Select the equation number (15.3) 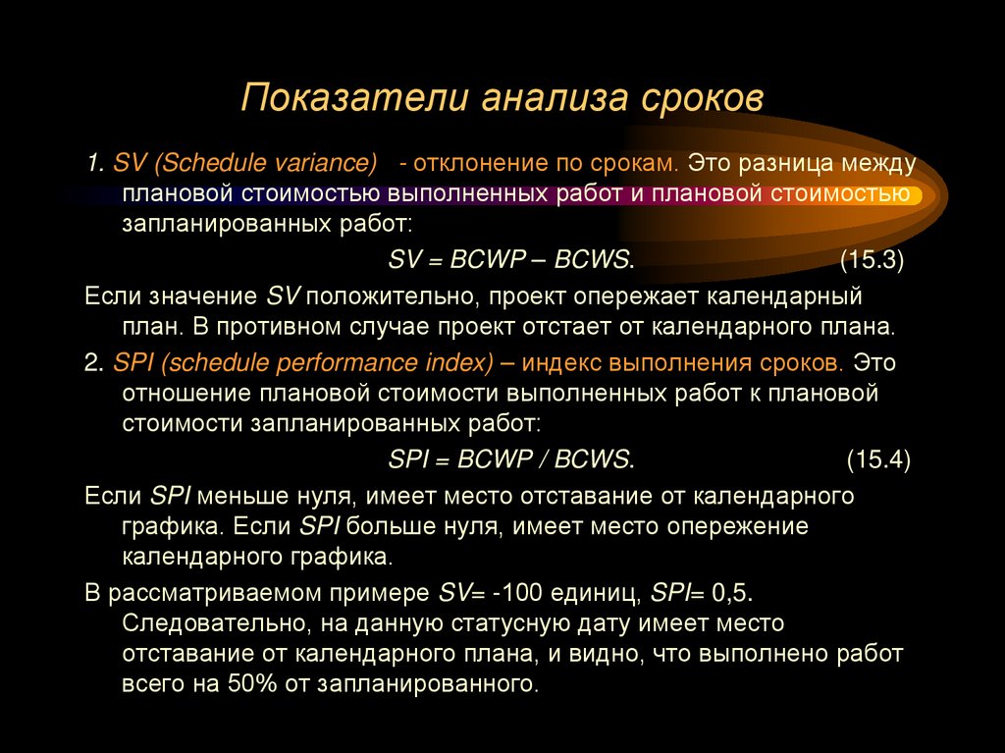point(872,260)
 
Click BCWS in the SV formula point(593,260)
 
